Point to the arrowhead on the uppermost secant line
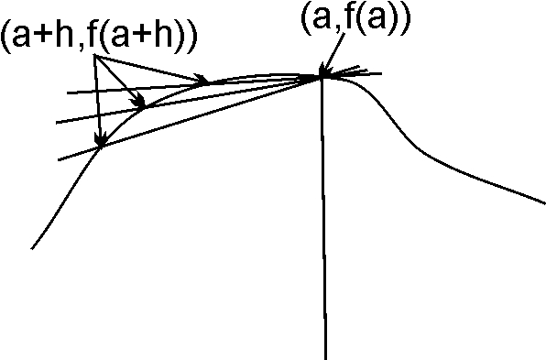tap(202, 81)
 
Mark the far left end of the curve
tap(32, 248)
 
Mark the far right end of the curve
tap(544, 202)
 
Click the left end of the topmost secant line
tap(67, 93)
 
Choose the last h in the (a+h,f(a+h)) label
tap(172, 38)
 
